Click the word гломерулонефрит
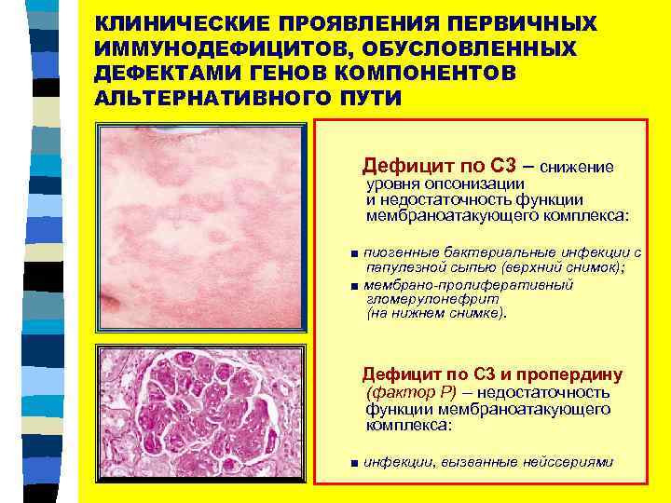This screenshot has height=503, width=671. coord(419,300)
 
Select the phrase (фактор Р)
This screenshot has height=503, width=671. coord(403,392)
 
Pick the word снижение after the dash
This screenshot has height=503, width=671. coord(576,168)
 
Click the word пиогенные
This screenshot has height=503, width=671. coord(399,252)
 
